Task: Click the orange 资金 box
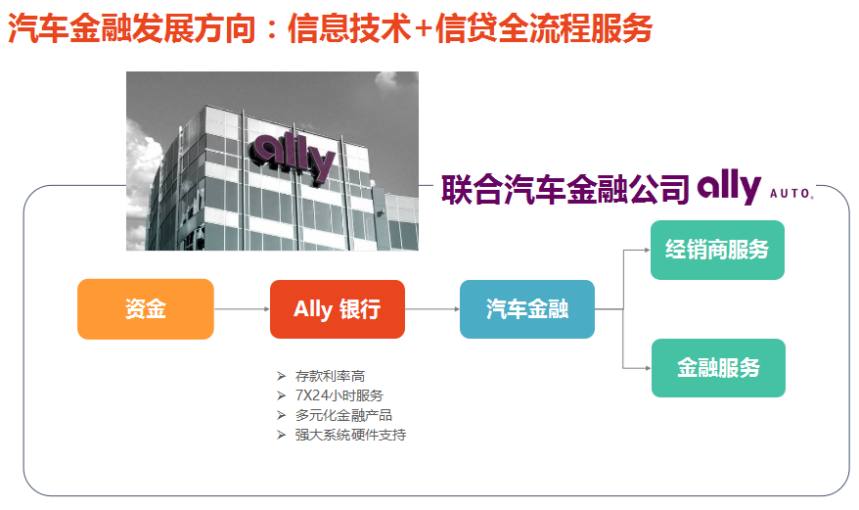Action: coord(145,308)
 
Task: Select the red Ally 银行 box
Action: coord(338,309)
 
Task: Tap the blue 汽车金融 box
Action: coord(527,309)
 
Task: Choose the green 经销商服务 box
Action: coord(717,250)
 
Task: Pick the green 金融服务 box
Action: coord(718,368)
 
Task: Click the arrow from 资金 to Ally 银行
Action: coord(242,309)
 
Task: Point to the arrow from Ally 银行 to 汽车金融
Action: coord(432,309)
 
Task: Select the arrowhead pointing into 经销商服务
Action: coord(648,250)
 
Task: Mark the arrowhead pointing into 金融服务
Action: coord(648,368)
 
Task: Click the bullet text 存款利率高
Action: coord(330,376)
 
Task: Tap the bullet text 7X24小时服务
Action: coord(339,395)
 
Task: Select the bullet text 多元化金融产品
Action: coord(343,415)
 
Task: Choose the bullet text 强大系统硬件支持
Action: coord(350,435)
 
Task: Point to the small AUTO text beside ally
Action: coord(791,193)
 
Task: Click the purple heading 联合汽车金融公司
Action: coord(565,190)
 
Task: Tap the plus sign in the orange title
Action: coord(424,29)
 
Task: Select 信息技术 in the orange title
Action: coord(349,28)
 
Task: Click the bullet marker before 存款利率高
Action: coord(281,376)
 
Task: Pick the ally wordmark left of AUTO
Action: coord(729,186)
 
